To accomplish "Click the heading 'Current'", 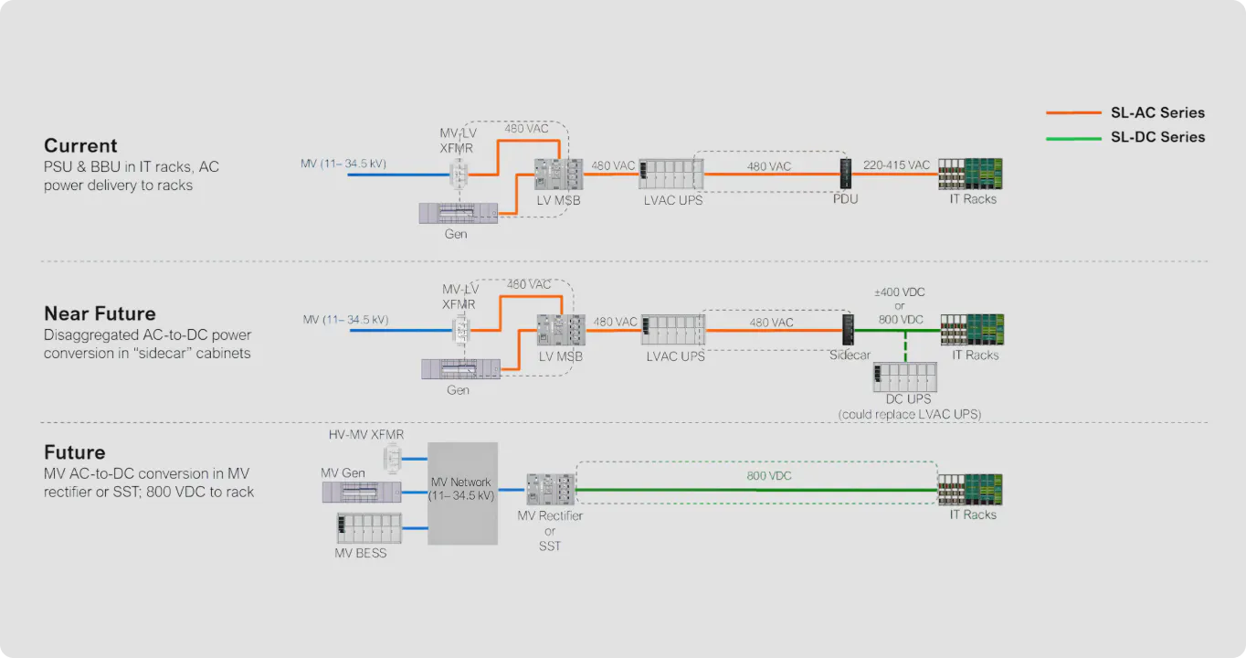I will coord(80,146).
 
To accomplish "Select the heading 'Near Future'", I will coord(100,314).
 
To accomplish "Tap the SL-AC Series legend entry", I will coord(1157,113).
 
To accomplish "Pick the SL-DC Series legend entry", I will coord(1157,137).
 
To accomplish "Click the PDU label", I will coord(845,199).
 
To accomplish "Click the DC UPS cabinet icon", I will coord(904,377).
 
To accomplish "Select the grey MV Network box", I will coord(462,493).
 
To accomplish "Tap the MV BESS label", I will coord(360,553).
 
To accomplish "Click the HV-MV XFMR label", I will coord(365,434).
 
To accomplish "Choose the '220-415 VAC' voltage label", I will coord(895,165).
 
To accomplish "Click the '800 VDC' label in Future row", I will coord(769,476).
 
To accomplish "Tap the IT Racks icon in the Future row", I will coord(971,490).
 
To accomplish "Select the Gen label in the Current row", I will coord(456,234).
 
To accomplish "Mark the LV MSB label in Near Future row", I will coord(560,356).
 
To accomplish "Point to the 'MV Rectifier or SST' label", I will coord(550,531).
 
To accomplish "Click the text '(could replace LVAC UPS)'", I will coord(910,414).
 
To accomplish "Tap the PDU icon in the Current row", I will coord(845,174).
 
